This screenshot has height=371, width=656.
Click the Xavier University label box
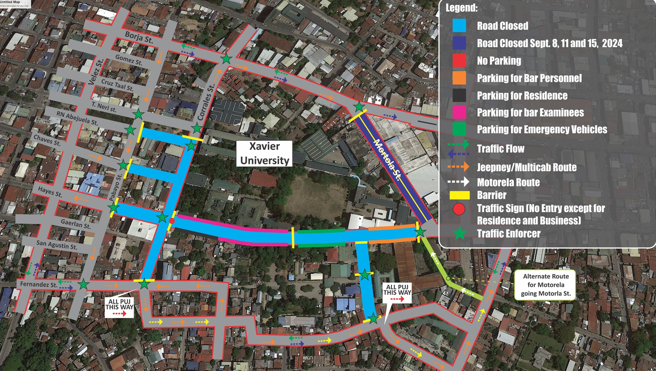(264, 153)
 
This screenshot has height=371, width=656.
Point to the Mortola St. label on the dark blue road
(387, 159)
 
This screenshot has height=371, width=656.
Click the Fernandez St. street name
(39, 285)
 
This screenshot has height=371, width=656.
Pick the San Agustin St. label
(56, 245)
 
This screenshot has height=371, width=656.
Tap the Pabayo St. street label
(115, 187)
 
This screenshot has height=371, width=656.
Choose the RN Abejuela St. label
(77, 117)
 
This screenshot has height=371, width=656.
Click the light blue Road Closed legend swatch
(459, 26)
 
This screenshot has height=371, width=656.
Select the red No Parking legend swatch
(459, 61)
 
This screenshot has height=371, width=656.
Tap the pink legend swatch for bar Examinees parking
(459, 113)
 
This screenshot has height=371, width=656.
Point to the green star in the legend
(459, 234)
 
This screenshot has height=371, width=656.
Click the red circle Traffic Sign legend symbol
(459, 209)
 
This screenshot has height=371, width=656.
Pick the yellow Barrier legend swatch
(459, 195)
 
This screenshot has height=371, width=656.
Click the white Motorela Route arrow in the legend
(459, 182)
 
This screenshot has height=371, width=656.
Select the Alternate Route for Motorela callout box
(545, 285)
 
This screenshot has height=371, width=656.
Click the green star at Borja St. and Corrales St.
(226, 59)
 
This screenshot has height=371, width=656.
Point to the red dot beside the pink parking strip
(172, 221)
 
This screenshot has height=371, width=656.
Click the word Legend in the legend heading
(461, 8)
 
